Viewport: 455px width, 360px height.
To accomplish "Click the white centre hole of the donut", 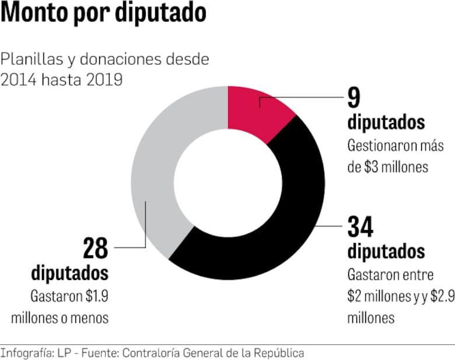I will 228,183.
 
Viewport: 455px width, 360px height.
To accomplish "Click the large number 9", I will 354,97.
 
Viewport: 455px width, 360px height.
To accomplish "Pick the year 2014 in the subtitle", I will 18,79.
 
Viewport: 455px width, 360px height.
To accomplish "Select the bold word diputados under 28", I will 70,272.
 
